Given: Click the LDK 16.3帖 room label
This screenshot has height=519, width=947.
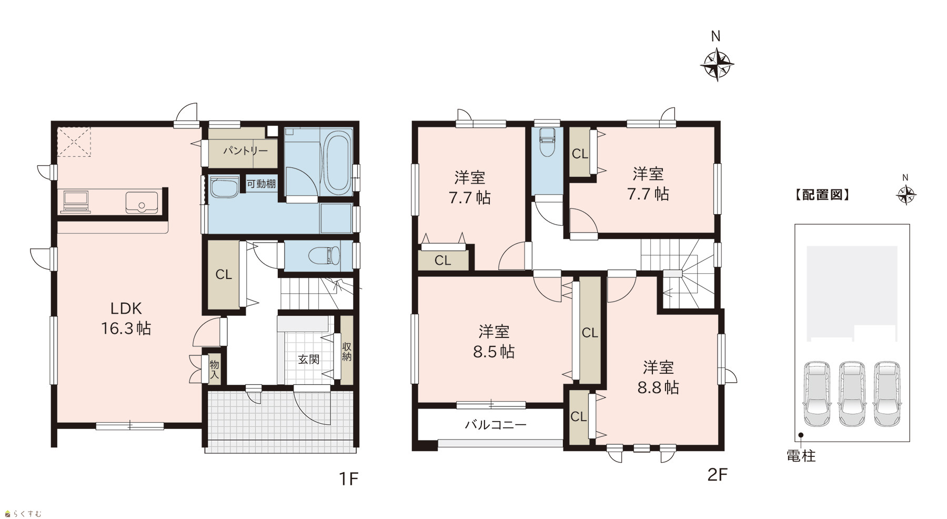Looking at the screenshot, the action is [126, 318].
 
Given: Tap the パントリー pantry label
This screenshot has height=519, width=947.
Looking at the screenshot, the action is [245, 151].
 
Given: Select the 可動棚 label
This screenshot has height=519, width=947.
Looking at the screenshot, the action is [261, 184].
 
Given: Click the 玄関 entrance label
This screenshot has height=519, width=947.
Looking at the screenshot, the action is [309, 360].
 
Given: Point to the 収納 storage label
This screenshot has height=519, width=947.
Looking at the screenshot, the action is [347, 352].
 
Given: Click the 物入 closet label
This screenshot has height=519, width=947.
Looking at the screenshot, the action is [214, 369].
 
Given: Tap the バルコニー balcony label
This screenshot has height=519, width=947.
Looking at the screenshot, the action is [496, 424].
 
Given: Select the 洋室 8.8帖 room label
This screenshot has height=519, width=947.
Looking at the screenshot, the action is [658, 377].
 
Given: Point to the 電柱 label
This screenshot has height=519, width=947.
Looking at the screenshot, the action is [801, 456].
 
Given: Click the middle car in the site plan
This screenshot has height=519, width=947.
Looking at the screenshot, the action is [852, 393].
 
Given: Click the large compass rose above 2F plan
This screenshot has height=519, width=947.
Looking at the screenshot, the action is [717, 65].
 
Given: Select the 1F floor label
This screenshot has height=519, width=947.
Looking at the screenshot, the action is [348, 478].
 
